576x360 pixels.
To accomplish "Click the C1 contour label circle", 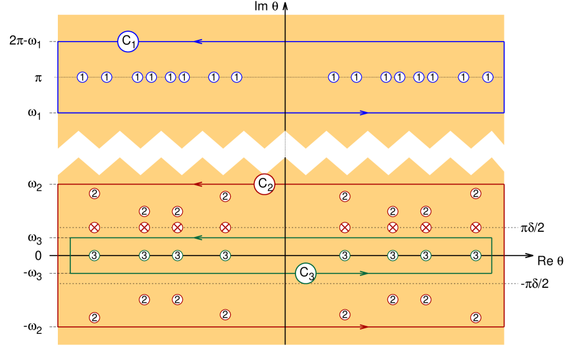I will (x=128, y=42).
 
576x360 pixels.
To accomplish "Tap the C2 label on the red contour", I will (x=264, y=184).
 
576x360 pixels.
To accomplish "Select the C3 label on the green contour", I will (x=305, y=273).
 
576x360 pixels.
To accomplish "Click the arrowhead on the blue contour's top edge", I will (x=198, y=42).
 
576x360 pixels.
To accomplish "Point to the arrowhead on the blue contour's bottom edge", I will (x=364, y=113).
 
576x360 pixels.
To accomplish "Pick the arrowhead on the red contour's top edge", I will (x=198, y=184).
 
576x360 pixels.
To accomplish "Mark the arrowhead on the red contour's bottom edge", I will (x=364, y=326).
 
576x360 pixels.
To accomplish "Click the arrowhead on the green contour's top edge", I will (x=198, y=238).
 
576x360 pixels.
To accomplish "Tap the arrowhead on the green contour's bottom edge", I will (x=364, y=273).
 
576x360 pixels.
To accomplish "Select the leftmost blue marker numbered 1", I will (x=82, y=77).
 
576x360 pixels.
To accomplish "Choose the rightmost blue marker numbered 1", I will (x=488, y=77).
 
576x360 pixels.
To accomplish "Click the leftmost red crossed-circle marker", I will (x=94, y=228).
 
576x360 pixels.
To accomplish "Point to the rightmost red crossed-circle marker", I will (x=476, y=228).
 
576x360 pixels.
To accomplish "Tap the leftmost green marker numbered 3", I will (x=94, y=256).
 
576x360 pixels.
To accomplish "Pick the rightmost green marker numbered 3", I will (x=476, y=256).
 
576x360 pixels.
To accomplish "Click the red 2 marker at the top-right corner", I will (x=476, y=193).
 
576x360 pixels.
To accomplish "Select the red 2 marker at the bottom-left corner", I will (x=94, y=318).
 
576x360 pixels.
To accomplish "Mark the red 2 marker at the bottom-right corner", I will (x=476, y=318).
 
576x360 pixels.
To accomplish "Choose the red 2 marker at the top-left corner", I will (x=94, y=193).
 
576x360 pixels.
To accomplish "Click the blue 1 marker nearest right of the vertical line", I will (x=333, y=77).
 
